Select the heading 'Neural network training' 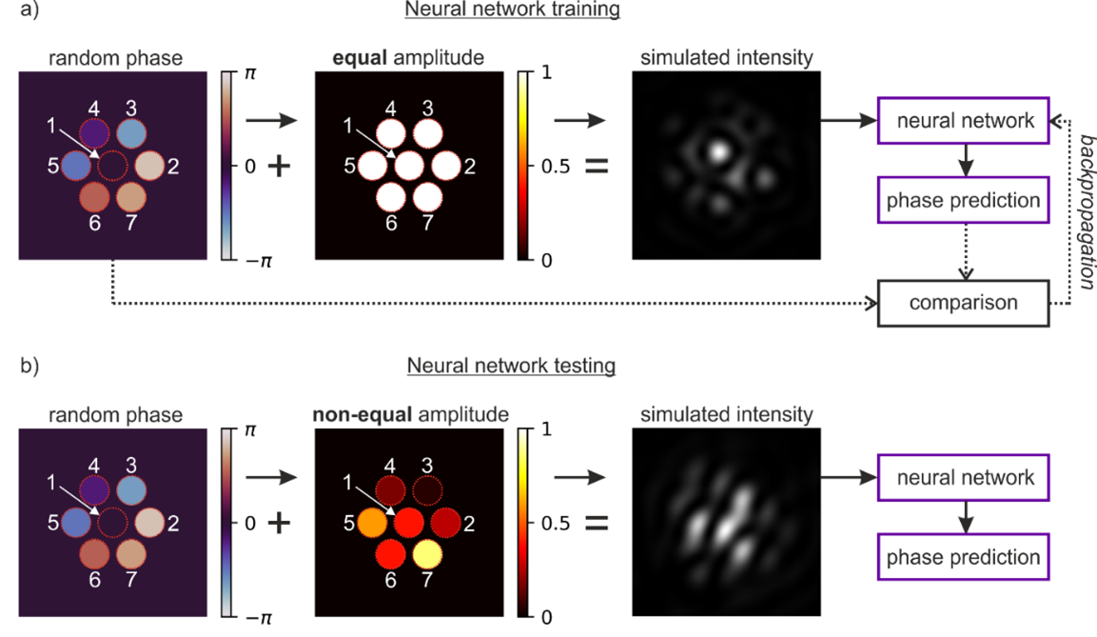click(x=513, y=10)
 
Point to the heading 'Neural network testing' click(x=513, y=366)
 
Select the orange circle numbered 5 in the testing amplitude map click(x=372, y=523)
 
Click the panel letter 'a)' click(x=16, y=10)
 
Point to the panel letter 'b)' click(x=16, y=367)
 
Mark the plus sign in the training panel click(x=279, y=166)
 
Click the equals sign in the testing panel click(x=596, y=523)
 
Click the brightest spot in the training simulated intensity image click(x=718, y=149)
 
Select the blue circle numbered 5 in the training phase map click(x=75, y=166)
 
